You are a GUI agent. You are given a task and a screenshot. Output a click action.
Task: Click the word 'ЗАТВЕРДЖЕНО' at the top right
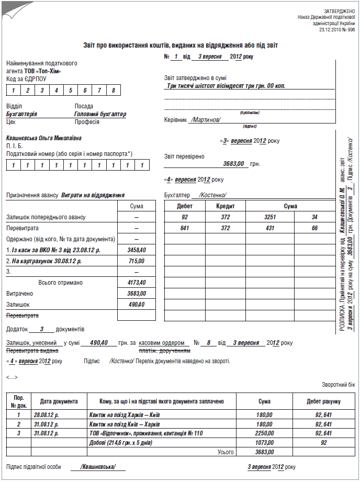pos(339,10)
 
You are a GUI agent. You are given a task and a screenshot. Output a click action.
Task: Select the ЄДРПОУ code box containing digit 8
pos(113,90)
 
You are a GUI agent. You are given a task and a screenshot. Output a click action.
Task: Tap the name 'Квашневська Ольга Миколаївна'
pos(44,138)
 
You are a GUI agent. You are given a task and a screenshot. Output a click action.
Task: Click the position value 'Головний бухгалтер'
pos(100,114)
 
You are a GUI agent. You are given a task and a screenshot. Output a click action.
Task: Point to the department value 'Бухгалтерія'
pos(21,114)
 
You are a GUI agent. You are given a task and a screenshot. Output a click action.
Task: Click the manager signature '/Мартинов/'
pos(206,119)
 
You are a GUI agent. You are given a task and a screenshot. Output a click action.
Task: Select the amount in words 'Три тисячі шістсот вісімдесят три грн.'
pos(226,85)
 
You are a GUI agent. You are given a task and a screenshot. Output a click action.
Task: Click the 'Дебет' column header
pos(185,206)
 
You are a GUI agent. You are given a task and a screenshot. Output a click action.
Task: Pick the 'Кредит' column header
pos(225,206)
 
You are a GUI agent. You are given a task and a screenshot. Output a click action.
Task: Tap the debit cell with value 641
pos(185,228)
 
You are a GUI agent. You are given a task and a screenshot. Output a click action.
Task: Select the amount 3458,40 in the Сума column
pos(137,250)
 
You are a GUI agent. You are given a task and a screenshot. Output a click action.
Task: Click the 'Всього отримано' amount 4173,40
pos(137,283)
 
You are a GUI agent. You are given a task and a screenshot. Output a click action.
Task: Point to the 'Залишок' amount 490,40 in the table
pos(137,305)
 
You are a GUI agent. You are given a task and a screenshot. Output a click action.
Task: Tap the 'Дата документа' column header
pos(59,401)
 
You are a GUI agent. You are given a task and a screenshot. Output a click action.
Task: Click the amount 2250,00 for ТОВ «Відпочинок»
pos(264,433)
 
